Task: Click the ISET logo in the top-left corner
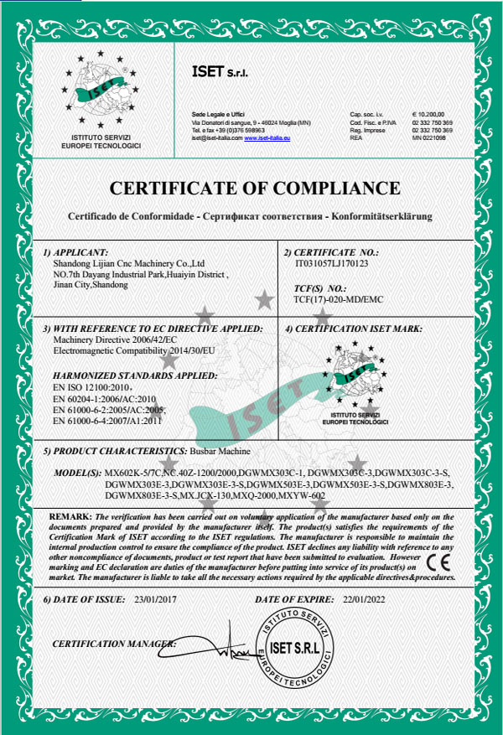pyautogui.click(x=101, y=94)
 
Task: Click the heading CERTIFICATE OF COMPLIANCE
pyautogui.click(x=256, y=187)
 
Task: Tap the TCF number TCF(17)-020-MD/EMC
pyautogui.click(x=337, y=298)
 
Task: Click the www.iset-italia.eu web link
pyautogui.click(x=267, y=137)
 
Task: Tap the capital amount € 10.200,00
pyautogui.click(x=428, y=113)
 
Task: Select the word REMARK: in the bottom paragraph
pyautogui.click(x=70, y=515)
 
